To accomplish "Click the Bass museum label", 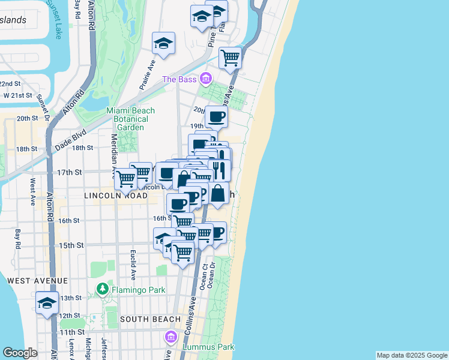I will click(179, 79).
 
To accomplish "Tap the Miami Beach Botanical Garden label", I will click(130, 119).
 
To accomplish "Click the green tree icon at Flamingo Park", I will click(102, 290).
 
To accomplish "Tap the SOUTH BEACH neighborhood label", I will click(149, 319).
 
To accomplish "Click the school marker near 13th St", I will click(47, 303).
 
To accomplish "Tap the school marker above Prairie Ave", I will click(163, 43).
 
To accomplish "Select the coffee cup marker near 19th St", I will click(216, 116).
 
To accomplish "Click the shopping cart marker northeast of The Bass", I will click(230, 58).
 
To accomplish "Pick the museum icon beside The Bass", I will click(206, 79).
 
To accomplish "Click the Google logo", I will click(20, 353).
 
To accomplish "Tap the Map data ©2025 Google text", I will click(412, 355).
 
